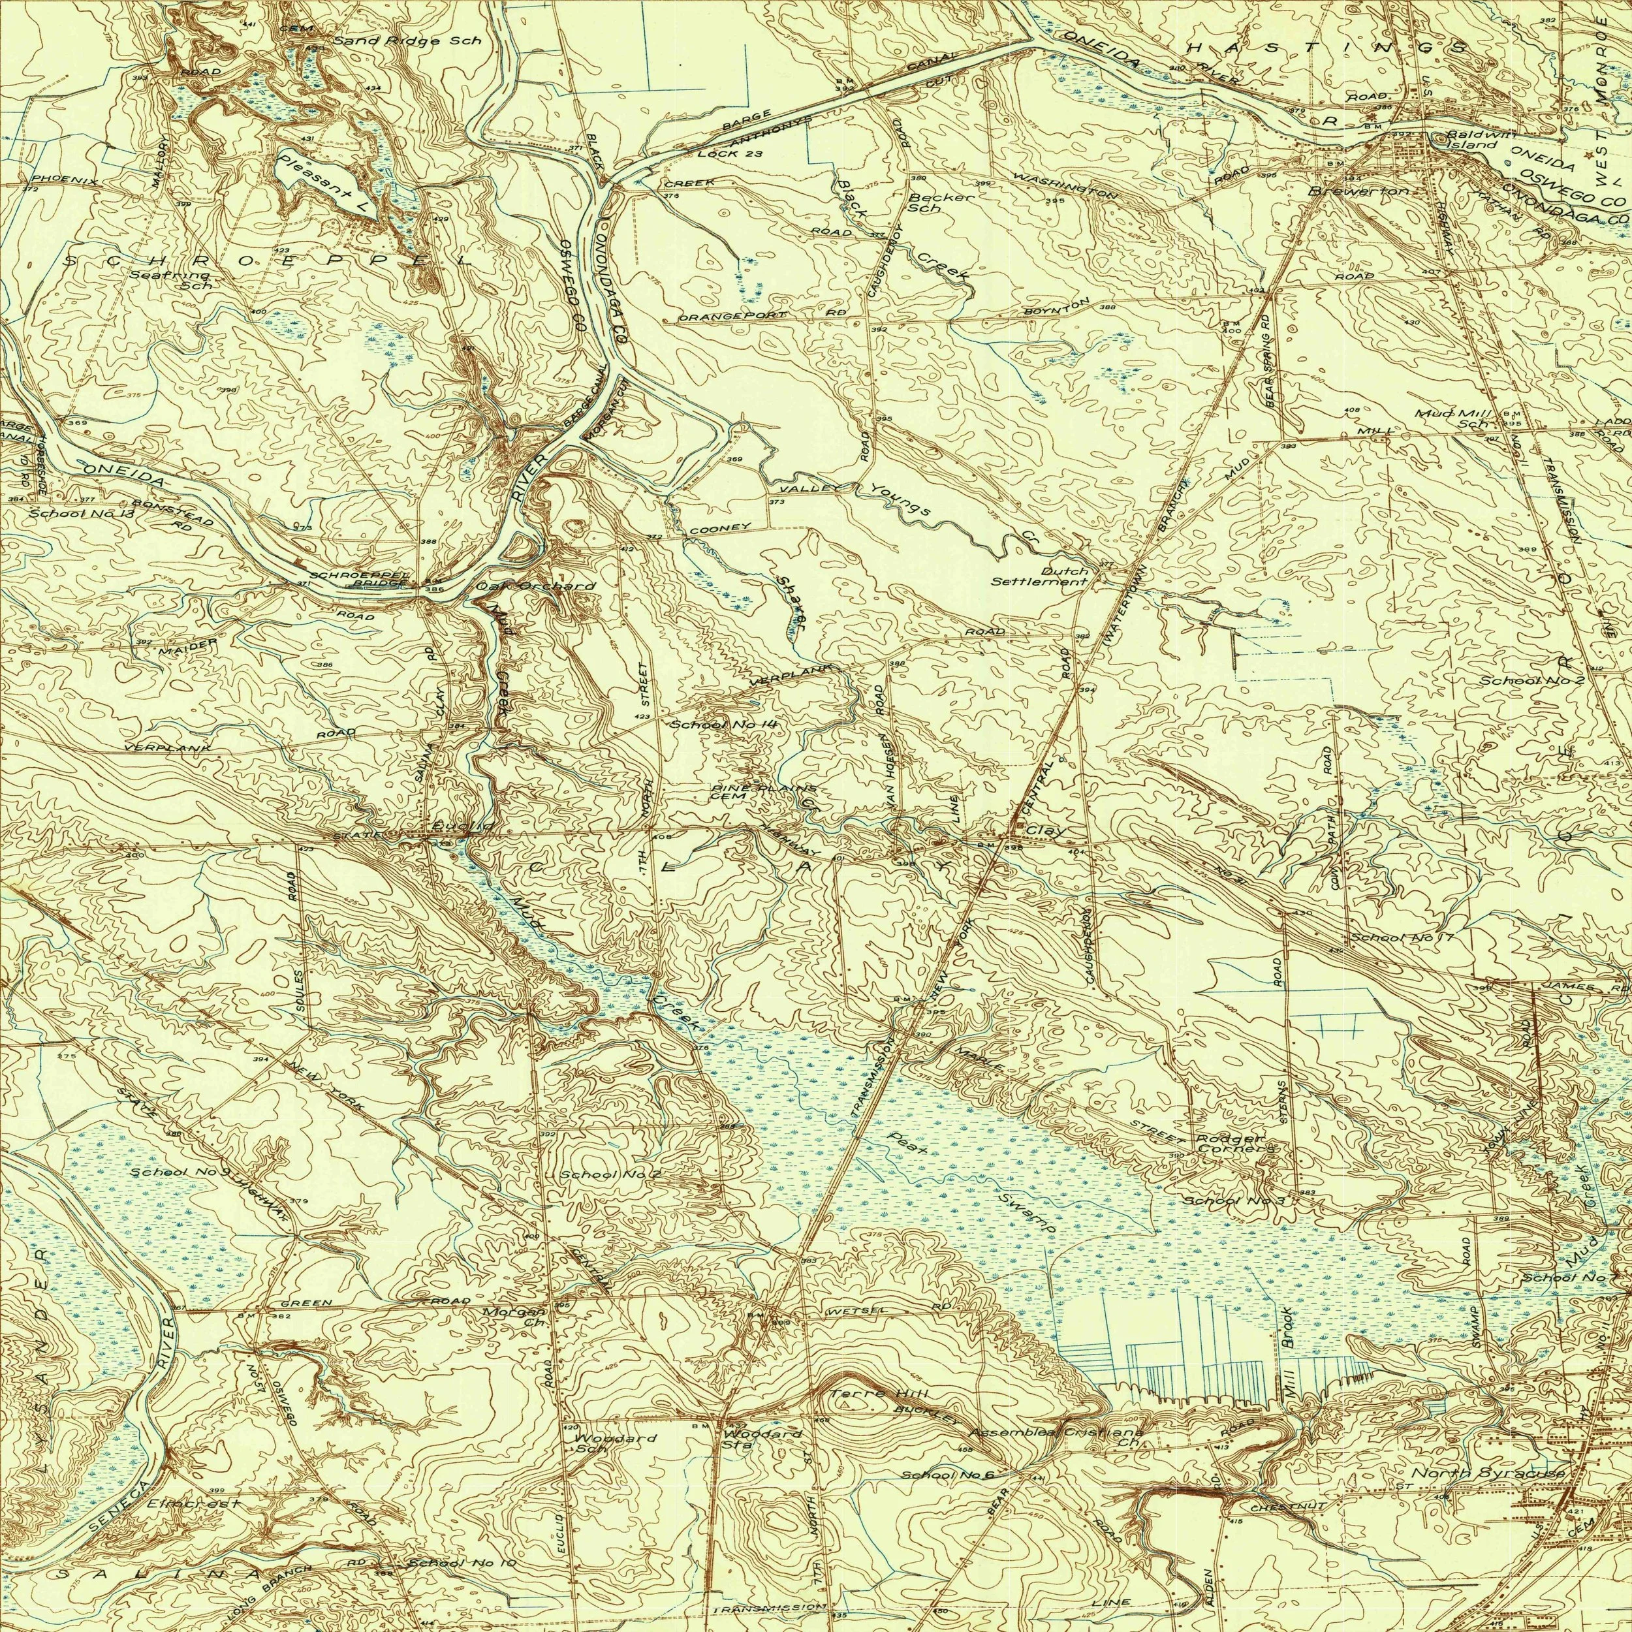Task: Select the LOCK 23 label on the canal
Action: [730, 154]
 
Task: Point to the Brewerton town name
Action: [1358, 192]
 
